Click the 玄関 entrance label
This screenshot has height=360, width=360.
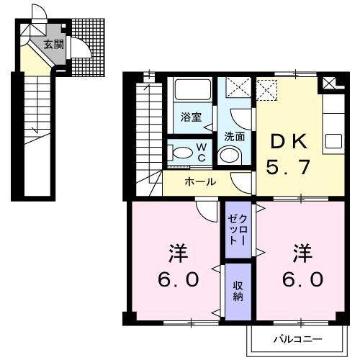pyautogui.click(x=53, y=45)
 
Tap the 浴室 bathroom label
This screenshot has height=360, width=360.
pyautogui.click(x=190, y=116)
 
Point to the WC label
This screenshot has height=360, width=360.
pyautogui.click(x=202, y=152)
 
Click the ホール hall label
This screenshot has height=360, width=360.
pyautogui.click(x=201, y=182)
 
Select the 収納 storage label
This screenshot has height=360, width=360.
pyautogui.click(x=237, y=290)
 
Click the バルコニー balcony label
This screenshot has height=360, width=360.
pyautogui.click(x=296, y=338)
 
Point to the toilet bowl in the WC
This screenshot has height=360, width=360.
pyautogui.click(x=182, y=152)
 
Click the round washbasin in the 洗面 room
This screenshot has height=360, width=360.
pyautogui.click(x=230, y=156)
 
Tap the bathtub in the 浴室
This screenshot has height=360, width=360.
pyautogui.click(x=192, y=91)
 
